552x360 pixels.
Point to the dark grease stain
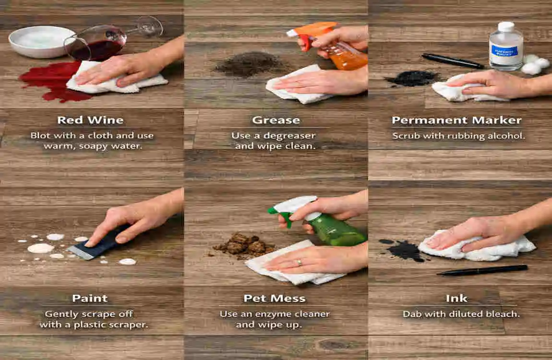(x=251, y=64)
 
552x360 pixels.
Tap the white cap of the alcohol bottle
(x=506, y=26)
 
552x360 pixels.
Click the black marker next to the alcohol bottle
(x=453, y=61)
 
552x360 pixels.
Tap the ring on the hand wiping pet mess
(x=299, y=262)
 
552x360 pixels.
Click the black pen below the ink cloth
(x=482, y=270)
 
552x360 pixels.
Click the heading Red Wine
(x=90, y=120)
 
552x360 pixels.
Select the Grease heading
(x=276, y=120)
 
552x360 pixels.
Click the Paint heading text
(x=90, y=299)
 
